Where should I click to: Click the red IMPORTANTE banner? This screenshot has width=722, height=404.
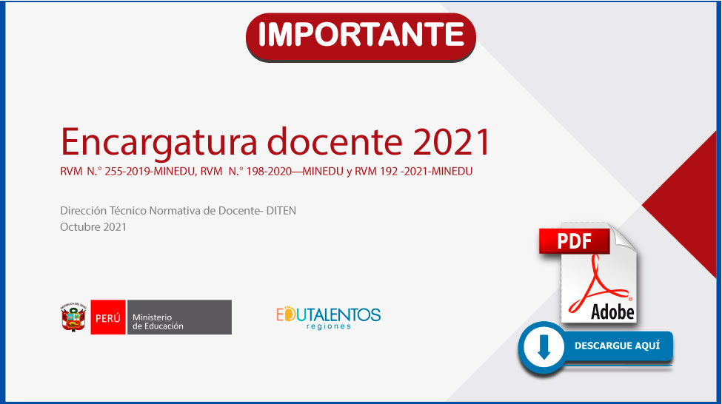coord(361,37)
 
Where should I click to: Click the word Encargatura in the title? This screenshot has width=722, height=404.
coord(159,143)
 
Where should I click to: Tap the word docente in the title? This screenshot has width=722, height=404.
coord(335,142)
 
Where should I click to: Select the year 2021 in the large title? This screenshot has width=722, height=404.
coord(451,142)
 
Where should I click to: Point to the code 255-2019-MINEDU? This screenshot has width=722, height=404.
coord(150,172)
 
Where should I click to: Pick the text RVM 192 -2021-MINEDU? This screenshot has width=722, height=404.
coord(413,172)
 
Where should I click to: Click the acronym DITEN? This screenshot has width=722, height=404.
coord(281,211)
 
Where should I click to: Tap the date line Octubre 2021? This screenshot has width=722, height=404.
coord(93,227)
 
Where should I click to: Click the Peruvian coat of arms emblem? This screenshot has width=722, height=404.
coord(73,317)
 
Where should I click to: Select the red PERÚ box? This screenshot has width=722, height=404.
coord(108,317)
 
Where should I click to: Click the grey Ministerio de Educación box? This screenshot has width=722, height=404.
coord(180,317)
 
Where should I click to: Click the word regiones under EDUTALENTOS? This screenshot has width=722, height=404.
coord(328,326)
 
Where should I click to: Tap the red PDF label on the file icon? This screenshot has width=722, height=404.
coord(574,241)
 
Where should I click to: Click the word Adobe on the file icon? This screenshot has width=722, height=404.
coord(612,312)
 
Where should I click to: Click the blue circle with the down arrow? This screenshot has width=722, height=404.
coord(544,347)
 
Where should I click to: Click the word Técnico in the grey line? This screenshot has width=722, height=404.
coord(127,211)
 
